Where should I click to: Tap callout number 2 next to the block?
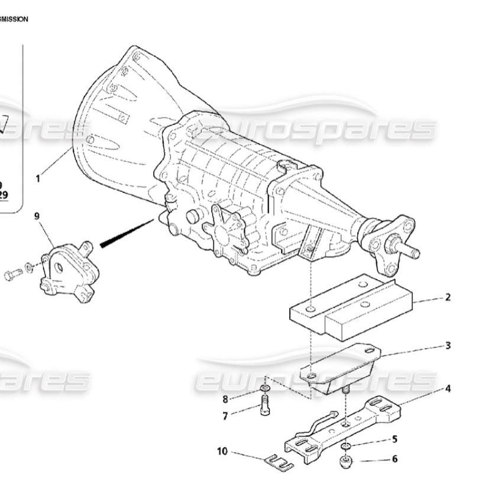pos(448,297)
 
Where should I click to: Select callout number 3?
pos(448,345)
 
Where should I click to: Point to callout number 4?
pos(448,389)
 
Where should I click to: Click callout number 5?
pos(395,439)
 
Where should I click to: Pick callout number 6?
pos(395,458)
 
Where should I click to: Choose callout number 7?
pos(225,416)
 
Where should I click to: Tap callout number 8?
pos(225,399)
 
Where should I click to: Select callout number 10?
pos(222,451)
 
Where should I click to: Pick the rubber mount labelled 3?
pos(340,370)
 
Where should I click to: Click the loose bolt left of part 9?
pos(13,274)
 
